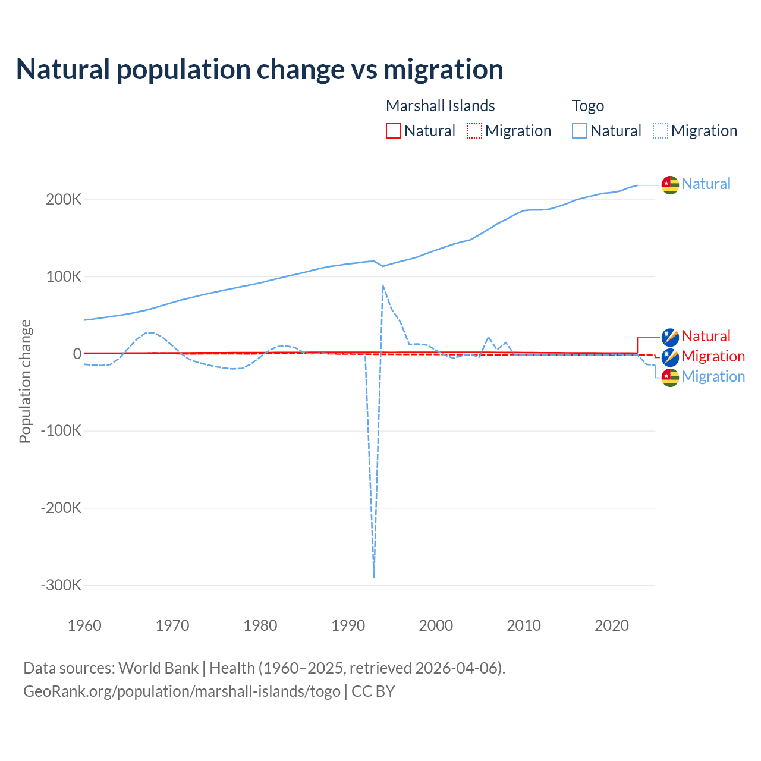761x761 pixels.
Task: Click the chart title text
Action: pos(260,70)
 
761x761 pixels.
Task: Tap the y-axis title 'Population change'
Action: pos(25,381)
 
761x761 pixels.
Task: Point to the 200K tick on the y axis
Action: pos(64,200)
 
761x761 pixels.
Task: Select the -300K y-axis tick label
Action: pos(61,585)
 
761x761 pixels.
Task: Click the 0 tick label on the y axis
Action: pos(77,354)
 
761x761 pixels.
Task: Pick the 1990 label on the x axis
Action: pos(348,625)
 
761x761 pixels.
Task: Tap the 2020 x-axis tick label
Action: pos(612,625)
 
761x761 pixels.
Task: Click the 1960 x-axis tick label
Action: pos(84,625)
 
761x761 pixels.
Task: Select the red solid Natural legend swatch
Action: pos(394,131)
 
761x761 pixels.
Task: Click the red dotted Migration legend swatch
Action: pos(474,131)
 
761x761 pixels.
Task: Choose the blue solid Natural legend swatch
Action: pos(580,131)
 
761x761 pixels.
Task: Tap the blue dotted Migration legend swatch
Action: pos(661,131)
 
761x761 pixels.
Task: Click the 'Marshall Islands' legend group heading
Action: pos(440,106)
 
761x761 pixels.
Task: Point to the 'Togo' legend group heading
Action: pos(587,106)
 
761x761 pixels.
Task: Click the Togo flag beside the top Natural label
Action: pos(670,185)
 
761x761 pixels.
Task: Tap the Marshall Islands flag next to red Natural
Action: pos(670,337)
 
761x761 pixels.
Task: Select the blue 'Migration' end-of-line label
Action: pos(713,376)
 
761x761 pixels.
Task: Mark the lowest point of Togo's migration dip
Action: pos(374,577)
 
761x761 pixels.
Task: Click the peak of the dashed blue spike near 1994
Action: pos(383,285)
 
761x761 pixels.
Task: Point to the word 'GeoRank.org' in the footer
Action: pos(61,691)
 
